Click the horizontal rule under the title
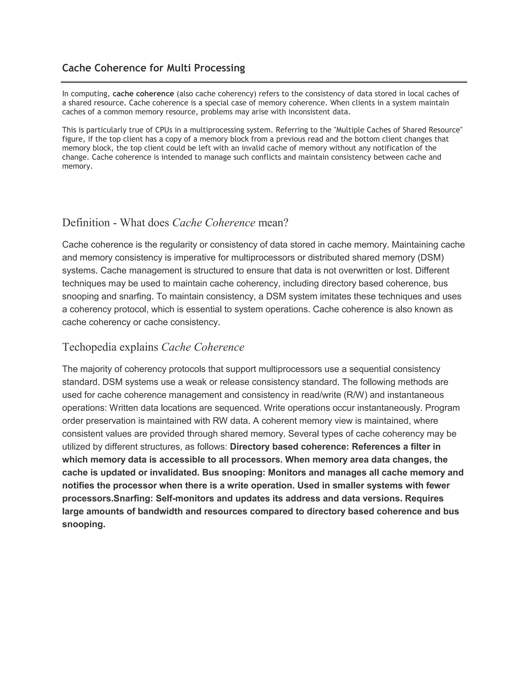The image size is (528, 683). [x=264, y=82]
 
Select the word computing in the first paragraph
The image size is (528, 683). [x=90, y=94]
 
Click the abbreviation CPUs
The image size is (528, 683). [x=164, y=130]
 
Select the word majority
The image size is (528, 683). [x=96, y=369]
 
